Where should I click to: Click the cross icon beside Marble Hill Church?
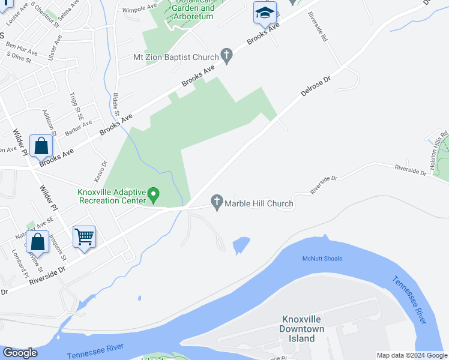(x=217, y=203)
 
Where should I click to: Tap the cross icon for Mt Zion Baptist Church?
(x=227, y=57)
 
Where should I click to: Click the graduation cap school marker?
(x=264, y=13)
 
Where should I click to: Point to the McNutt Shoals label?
(x=322, y=259)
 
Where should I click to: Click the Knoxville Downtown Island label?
(x=302, y=329)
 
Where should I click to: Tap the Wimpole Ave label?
(x=139, y=10)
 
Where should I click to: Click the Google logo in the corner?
(x=20, y=353)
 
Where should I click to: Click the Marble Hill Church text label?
(x=259, y=204)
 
